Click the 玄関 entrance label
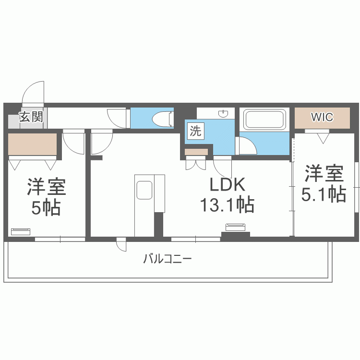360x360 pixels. [x=31, y=117]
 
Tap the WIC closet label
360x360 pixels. [x=322, y=117]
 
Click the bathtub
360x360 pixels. [x=264, y=119]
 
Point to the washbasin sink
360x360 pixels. [x=223, y=113]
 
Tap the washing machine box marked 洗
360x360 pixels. [x=196, y=131]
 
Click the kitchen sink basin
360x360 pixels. [x=144, y=190]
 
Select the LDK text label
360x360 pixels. [x=228, y=184]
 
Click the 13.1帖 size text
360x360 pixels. [x=228, y=204]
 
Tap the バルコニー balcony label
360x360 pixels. [x=168, y=259]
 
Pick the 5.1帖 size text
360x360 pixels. [x=324, y=194]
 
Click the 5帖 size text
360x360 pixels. [x=46, y=207]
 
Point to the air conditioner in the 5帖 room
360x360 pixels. [x=21, y=231]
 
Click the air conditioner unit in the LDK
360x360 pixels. [x=235, y=227]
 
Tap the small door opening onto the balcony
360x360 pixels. [x=121, y=244]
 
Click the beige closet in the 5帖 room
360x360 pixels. [x=32, y=144]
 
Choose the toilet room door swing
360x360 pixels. [x=116, y=119]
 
